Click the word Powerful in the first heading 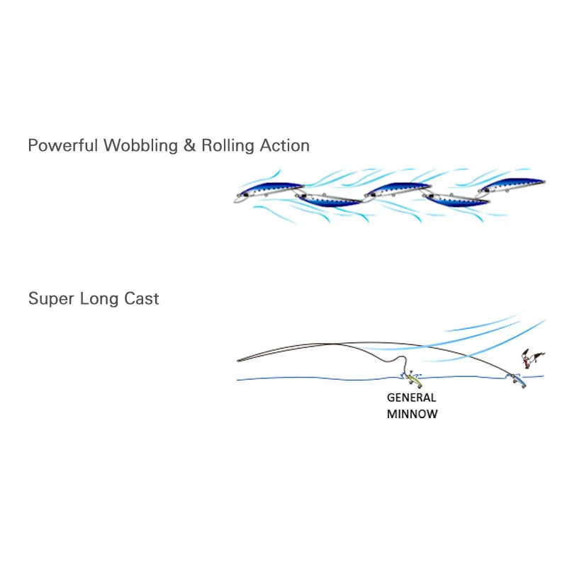(x=63, y=146)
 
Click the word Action (x=283, y=146)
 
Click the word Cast (x=142, y=298)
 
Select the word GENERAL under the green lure (x=412, y=398)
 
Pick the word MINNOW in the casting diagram (x=412, y=414)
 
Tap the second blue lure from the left (x=330, y=199)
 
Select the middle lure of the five (x=395, y=190)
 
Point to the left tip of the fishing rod (x=238, y=360)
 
